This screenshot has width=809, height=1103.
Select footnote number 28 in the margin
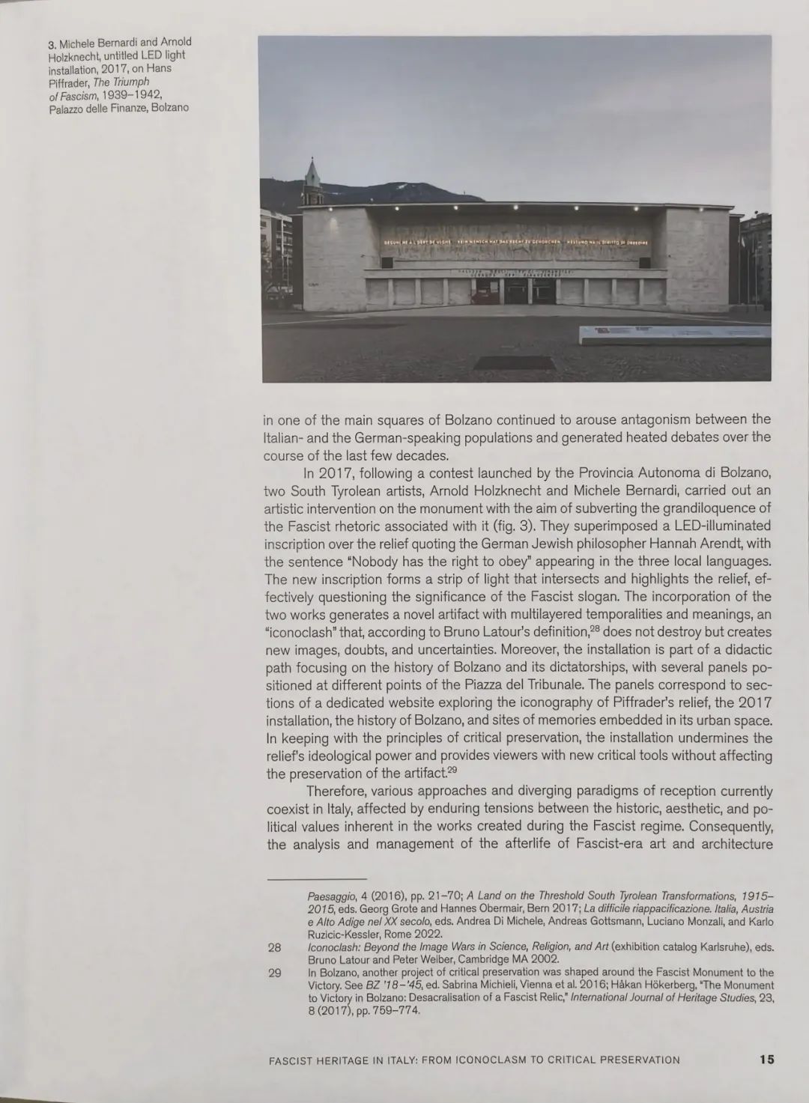tap(274, 947)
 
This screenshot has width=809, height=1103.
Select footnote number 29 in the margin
tap(274, 973)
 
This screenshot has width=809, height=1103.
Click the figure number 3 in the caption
tap(52, 43)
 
